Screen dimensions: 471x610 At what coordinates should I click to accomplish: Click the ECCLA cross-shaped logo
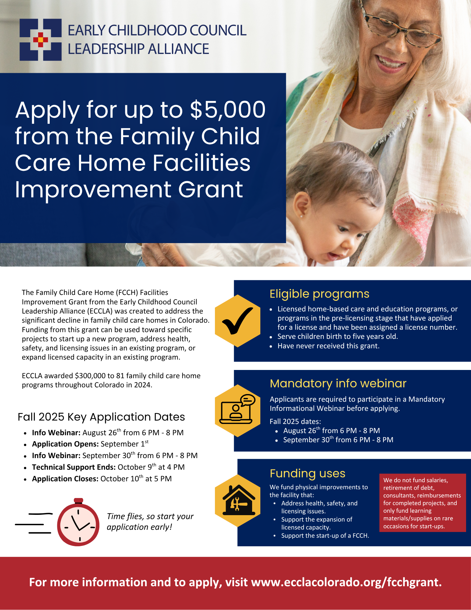coord(41,40)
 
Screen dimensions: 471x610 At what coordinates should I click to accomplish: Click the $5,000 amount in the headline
coord(228,110)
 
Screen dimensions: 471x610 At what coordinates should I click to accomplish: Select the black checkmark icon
coord(237,321)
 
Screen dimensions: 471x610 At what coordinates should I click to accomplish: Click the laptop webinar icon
coord(238,409)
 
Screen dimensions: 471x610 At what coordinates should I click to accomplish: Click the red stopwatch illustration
coord(78,522)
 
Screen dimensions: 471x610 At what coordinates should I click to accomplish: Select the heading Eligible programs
coord(319,294)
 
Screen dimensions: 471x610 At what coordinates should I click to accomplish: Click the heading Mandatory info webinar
coord(338,383)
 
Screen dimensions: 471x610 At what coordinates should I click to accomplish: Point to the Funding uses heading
coord(307,473)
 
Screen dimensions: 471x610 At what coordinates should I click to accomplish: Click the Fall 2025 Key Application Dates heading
coord(101,417)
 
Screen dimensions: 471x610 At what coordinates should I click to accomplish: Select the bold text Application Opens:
coord(65,444)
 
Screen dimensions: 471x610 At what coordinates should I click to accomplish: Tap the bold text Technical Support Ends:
coord(74,467)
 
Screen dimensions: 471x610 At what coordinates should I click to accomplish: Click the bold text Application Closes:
coord(65,479)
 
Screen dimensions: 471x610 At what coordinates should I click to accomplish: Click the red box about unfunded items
coord(423,503)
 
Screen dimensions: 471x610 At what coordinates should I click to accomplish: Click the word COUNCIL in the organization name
coord(218,30)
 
